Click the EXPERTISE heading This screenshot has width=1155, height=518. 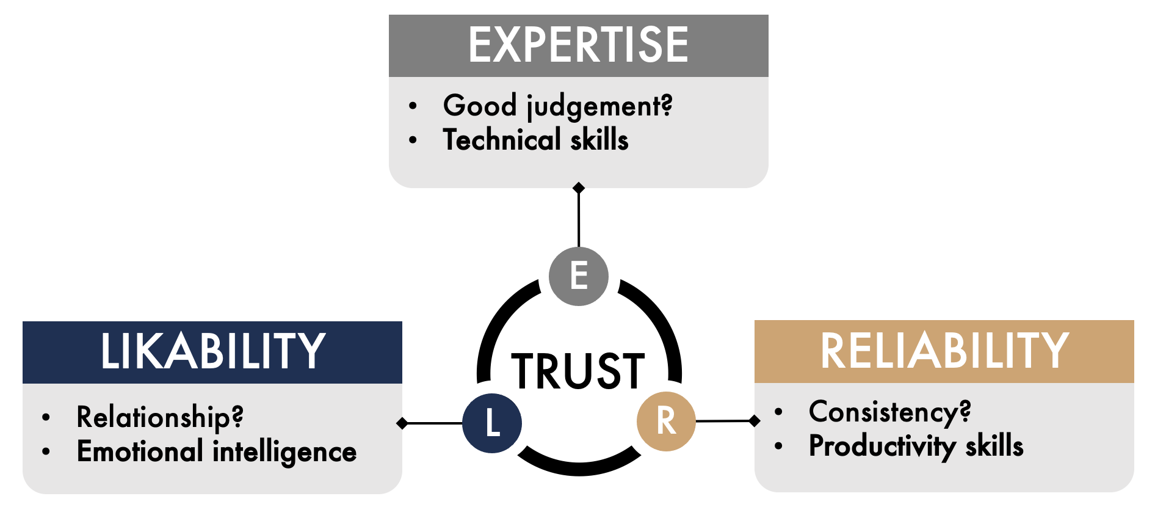(578, 45)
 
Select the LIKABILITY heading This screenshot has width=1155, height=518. (212, 352)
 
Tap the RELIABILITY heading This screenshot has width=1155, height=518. (944, 351)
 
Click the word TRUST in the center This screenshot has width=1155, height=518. (577, 371)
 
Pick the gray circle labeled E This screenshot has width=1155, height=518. (578, 275)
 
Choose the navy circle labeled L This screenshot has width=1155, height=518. (492, 423)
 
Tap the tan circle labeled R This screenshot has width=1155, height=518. (666, 421)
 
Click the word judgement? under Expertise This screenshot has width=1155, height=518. (599, 107)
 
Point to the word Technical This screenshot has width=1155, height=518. (502, 140)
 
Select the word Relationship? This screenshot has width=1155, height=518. (160, 418)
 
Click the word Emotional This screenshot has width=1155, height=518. (140, 452)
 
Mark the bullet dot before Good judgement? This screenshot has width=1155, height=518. (413, 106)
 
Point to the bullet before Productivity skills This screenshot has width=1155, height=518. (778, 446)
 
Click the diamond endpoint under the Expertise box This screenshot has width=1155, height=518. (579, 188)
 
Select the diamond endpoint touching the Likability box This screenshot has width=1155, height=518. (402, 423)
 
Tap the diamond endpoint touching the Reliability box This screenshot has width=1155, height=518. (755, 420)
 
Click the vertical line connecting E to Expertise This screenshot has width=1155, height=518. (579, 220)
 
